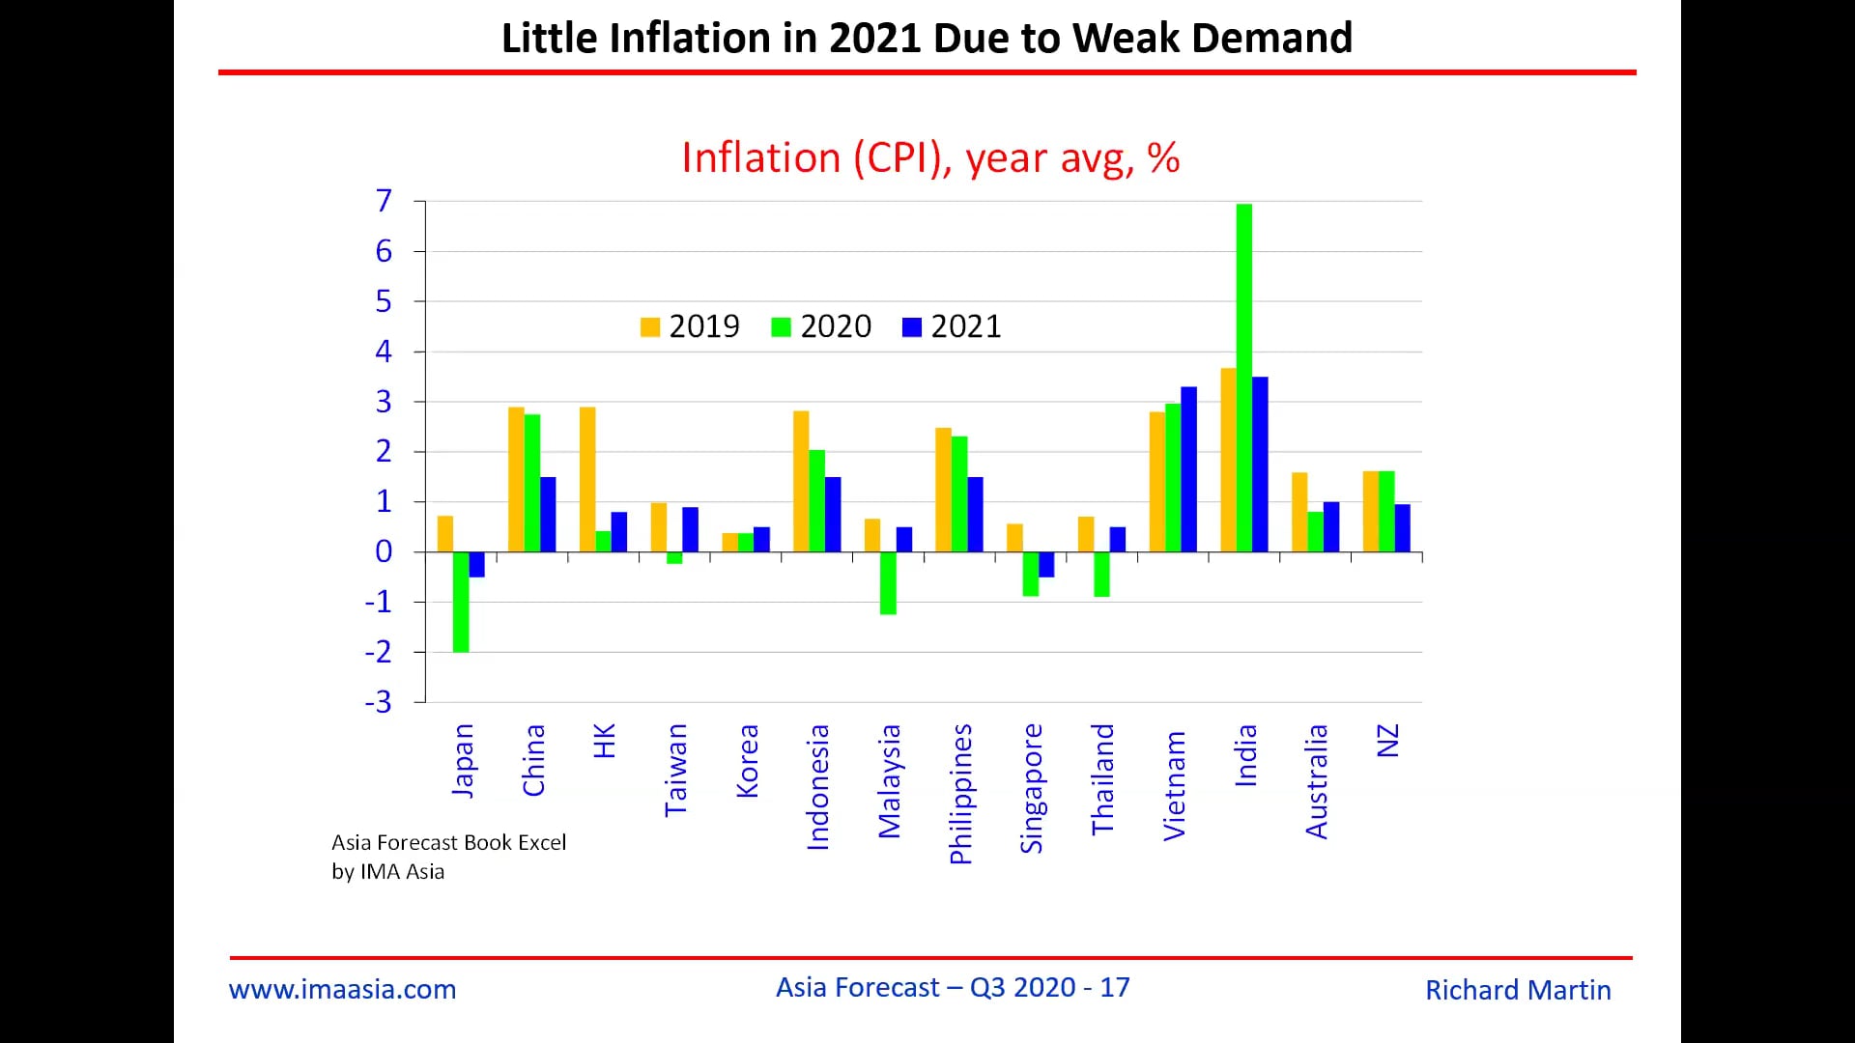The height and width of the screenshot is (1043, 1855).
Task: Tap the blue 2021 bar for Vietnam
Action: click(1188, 469)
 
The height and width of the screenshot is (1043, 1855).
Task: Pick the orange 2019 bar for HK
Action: click(587, 479)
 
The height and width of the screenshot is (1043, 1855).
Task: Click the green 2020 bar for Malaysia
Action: click(888, 582)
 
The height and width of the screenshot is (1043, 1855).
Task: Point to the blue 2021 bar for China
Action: click(548, 514)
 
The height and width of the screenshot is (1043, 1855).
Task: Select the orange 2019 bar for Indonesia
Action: click(801, 481)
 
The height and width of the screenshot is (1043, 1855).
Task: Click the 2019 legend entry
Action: click(690, 326)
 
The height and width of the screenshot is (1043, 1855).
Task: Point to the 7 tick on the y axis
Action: click(384, 201)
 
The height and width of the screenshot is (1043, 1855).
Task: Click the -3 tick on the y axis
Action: click(379, 702)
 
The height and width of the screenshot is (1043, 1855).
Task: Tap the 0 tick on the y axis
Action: click(384, 551)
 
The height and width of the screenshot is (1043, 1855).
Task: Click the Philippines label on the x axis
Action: click(960, 794)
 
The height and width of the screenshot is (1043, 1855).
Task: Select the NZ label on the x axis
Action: click(1387, 741)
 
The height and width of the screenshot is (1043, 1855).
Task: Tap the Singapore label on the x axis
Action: click(1032, 788)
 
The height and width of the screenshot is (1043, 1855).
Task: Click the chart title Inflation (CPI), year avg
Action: click(929, 158)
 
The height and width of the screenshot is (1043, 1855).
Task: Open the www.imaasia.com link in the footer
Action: click(342, 989)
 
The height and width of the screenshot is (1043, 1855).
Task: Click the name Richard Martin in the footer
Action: click(1517, 990)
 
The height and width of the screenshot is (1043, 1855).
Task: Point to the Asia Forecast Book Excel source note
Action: click(448, 842)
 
